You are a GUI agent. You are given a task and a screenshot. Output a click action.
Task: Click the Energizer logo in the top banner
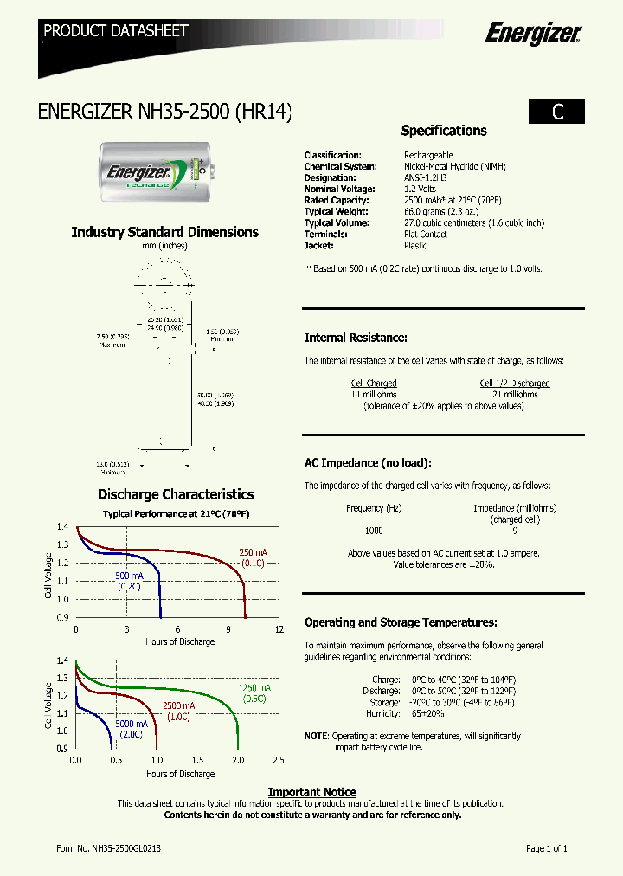coord(532,34)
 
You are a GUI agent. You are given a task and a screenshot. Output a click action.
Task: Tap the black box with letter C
coord(557,112)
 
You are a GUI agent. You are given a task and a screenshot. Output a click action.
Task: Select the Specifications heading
coord(444,131)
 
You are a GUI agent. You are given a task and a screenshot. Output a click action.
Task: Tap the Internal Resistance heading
coord(356,338)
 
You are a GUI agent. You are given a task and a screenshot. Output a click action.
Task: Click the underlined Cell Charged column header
coord(374,383)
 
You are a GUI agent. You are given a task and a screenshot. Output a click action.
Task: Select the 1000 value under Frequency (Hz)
coord(374,531)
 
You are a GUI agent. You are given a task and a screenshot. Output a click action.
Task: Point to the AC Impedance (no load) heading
coord(368,463)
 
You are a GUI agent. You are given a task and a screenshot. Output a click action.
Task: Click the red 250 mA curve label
coord(254,552)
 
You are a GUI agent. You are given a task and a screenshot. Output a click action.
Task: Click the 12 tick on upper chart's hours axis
coord(279,629)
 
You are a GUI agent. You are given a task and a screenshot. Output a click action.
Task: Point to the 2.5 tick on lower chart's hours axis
coord(279,761)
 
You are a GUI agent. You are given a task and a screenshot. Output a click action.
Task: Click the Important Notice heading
coord(311,792)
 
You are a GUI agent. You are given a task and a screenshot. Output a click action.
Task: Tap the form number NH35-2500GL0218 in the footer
coord(108,849)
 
